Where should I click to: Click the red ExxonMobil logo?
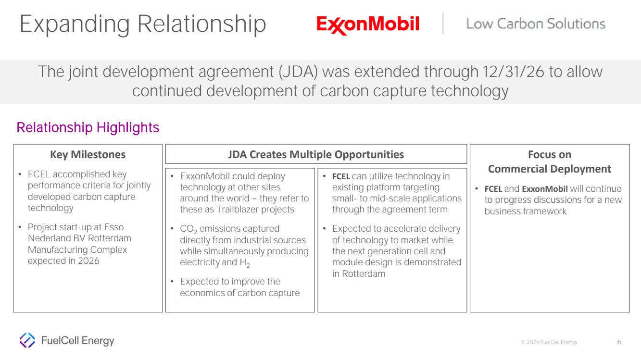coord(368,25)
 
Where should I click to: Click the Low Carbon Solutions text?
coord(536,24)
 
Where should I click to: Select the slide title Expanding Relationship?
coord(143,25)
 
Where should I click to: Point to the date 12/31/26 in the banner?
coord(513,72)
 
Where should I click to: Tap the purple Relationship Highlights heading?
coord(88,127)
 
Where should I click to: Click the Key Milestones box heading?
coord(88,154)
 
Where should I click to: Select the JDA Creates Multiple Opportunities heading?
coord(316,154)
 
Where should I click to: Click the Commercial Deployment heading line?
coord(550,169)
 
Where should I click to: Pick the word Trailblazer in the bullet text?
coord(238,209)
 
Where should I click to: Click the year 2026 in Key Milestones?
coord(88,261)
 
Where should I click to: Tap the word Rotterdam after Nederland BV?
coord(110,238)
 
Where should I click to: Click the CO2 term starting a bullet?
coord(189,229)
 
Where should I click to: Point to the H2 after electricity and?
coord(245,263)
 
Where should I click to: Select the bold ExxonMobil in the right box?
coord(544,189)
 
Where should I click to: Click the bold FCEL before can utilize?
coord(341,176)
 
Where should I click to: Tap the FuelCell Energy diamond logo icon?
coord(27,340)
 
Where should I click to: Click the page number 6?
coord(619,342)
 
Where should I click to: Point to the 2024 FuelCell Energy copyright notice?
coord(549,342)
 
